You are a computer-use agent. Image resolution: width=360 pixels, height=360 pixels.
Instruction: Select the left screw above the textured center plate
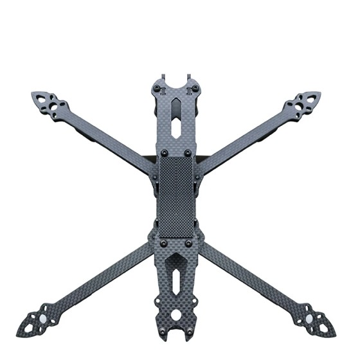click(163, 152)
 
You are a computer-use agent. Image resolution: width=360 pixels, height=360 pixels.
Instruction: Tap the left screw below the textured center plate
click(163, 244)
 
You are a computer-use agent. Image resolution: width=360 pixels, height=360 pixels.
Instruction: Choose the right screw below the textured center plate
click(188, 244)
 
